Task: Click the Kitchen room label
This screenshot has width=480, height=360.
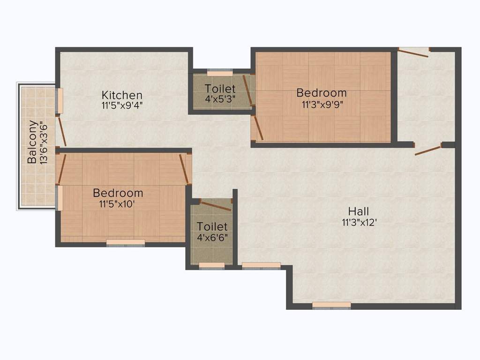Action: coord(122,95)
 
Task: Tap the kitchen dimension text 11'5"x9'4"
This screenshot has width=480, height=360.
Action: coord(122,105)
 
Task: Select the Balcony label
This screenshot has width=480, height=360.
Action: coord(32,142)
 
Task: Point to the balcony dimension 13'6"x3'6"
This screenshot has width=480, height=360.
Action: coord(44,142)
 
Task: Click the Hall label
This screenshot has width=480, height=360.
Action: coord(359,211)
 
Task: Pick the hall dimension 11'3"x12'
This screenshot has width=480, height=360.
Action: coord(360,222)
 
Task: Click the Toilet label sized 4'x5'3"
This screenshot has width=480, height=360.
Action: coord(220,89)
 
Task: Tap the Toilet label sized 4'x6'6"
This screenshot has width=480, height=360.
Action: coord(212,227)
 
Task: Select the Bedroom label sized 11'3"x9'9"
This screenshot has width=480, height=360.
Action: coord(322,93)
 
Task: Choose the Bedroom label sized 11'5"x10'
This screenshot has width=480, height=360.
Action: coord(118,193)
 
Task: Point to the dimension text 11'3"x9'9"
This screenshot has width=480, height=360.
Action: coord(322,104)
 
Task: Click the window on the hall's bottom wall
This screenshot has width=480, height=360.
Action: coord(331,305)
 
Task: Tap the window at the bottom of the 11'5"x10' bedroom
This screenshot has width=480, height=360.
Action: coord(126,242)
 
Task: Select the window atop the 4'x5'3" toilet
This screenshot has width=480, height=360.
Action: coord(220,73)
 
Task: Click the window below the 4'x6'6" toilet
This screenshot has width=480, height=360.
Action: coord(212,266)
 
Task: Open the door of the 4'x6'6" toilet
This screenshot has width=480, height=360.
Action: coord(215,205)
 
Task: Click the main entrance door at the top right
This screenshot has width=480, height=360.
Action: coord(413,52)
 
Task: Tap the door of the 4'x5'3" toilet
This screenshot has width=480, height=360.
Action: coord(247,90)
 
